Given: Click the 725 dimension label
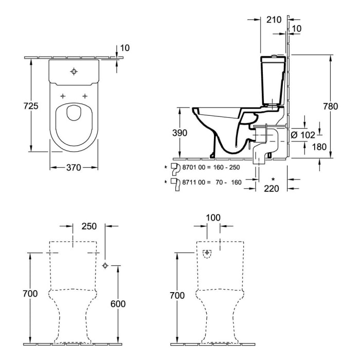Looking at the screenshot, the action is point(31,106).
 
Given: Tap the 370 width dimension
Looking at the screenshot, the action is point(74,168).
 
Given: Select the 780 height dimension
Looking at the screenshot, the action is point(331,106).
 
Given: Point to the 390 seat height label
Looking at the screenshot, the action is point(180,133).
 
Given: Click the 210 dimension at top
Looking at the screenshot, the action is point(274,20).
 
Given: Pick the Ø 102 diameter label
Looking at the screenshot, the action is point(303,135).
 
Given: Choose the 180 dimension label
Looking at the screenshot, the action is point(319,147).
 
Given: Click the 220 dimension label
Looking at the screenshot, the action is point(272,189).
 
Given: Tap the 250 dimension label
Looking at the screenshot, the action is point(89,226).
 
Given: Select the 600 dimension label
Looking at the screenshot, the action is point(118,304).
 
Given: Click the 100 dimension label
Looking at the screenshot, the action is point(213,218).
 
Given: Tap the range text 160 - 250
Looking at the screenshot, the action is point(227,167).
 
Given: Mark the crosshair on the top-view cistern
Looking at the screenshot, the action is point(74,71).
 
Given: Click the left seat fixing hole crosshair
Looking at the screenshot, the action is point(63,96).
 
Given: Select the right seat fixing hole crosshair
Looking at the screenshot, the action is point(85,96).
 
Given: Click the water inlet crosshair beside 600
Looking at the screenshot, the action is point(105,266).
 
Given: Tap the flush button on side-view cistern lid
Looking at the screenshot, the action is point(274,56).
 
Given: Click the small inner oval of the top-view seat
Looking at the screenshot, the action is point(74,113).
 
